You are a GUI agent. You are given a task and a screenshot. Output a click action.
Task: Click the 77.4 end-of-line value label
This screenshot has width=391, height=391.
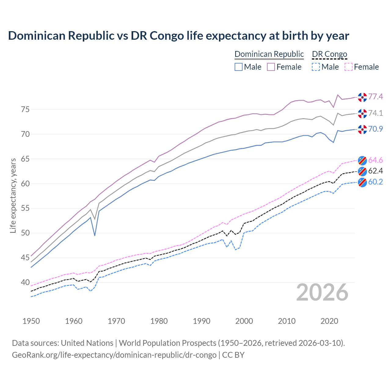[x=375, y=97]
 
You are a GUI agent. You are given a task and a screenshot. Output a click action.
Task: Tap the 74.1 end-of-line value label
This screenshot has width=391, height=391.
[x=375, y=113]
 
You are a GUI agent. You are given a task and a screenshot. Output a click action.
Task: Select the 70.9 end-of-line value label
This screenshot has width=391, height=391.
[x=375, y=129]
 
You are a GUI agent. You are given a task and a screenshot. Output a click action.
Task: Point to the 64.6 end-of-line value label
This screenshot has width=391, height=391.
[x=375, y=160]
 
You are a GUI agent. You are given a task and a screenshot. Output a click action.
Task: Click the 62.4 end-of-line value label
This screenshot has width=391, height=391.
[x=375, y=171]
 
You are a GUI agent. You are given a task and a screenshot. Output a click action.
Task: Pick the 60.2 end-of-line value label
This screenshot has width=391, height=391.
[x=375, y=182]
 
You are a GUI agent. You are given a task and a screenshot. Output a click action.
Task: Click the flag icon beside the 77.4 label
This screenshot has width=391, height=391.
[x=362, y=97]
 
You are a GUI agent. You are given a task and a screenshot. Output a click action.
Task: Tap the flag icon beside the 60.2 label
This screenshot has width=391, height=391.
[x=362, y=182]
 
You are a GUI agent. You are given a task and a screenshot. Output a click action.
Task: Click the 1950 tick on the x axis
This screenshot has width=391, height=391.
[x=31, y=321]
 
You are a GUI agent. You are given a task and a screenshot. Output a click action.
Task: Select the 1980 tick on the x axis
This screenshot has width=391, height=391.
[x=159, y=321]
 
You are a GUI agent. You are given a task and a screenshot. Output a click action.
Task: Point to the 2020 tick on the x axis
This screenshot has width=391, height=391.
[x=329, y=321]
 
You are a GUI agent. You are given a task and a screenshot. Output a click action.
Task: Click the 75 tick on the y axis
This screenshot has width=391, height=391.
[x=25, y=109]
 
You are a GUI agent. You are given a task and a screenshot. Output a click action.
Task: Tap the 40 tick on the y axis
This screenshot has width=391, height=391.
[x=25, y=282]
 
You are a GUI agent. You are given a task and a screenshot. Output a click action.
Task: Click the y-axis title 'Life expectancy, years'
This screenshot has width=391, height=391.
[x=13, y=195]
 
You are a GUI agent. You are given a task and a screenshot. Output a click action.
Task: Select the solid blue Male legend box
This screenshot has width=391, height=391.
[x=239, y=67]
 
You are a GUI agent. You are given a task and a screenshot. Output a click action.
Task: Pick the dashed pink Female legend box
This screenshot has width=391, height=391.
[x=348, y=67]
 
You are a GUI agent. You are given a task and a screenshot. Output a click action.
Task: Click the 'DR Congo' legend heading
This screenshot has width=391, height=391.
[x=330, y=54]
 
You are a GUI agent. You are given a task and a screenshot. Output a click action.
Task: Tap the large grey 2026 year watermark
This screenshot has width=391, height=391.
[x=322, y=292]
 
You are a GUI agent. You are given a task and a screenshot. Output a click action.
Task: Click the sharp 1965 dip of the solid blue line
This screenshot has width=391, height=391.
[x=95, y=235]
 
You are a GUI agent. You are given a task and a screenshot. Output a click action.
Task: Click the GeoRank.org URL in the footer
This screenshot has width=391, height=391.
[x=114, y=355]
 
